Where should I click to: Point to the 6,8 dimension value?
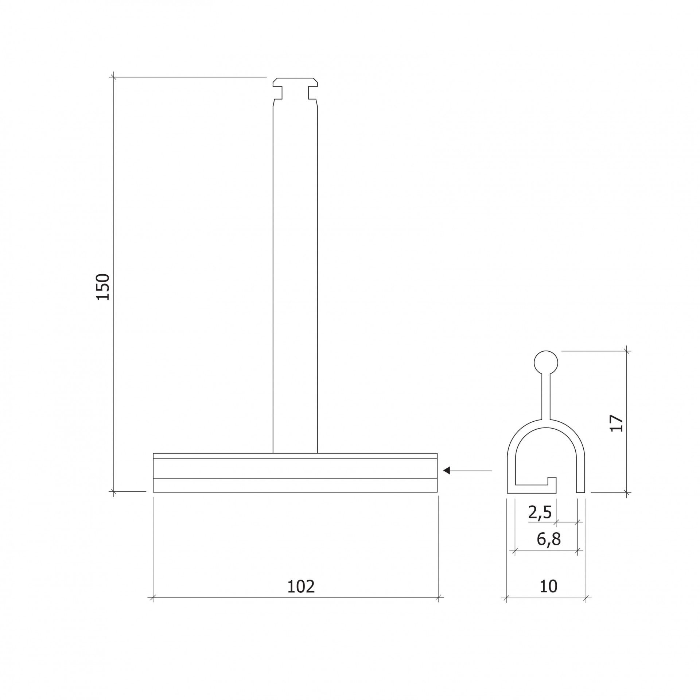click(548, 549)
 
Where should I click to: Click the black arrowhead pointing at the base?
click(447, 471)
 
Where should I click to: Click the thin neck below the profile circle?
click(546, 398)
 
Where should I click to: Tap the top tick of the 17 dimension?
click(627, 351)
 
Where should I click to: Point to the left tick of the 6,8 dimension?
click(514, 561)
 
